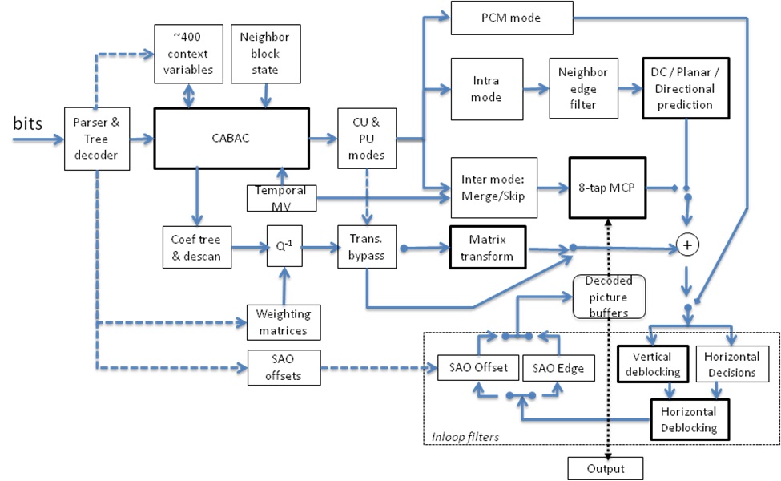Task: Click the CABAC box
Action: [231, 138]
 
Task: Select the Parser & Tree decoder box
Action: [97, 139]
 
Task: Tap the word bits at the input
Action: [28, 123]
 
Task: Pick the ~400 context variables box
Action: [188, 54]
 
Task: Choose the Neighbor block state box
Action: [266, 54]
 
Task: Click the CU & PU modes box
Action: [367, 139]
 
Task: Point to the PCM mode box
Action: [512, 18]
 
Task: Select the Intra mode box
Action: [487, 89]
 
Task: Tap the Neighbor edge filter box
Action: [584, 88]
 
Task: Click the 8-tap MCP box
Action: [608, 188]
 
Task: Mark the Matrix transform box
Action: [488, 248]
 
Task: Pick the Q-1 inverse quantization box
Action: [284, 246]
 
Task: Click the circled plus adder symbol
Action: [687, 245]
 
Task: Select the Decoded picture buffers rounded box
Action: [609, 297]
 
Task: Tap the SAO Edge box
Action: [558, 368]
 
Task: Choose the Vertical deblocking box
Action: [653, 364]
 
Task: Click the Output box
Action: [606, 468]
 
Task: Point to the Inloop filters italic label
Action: [465, 437]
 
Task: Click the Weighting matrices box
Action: [284, 322]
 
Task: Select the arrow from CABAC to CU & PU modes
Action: [324, 139]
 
